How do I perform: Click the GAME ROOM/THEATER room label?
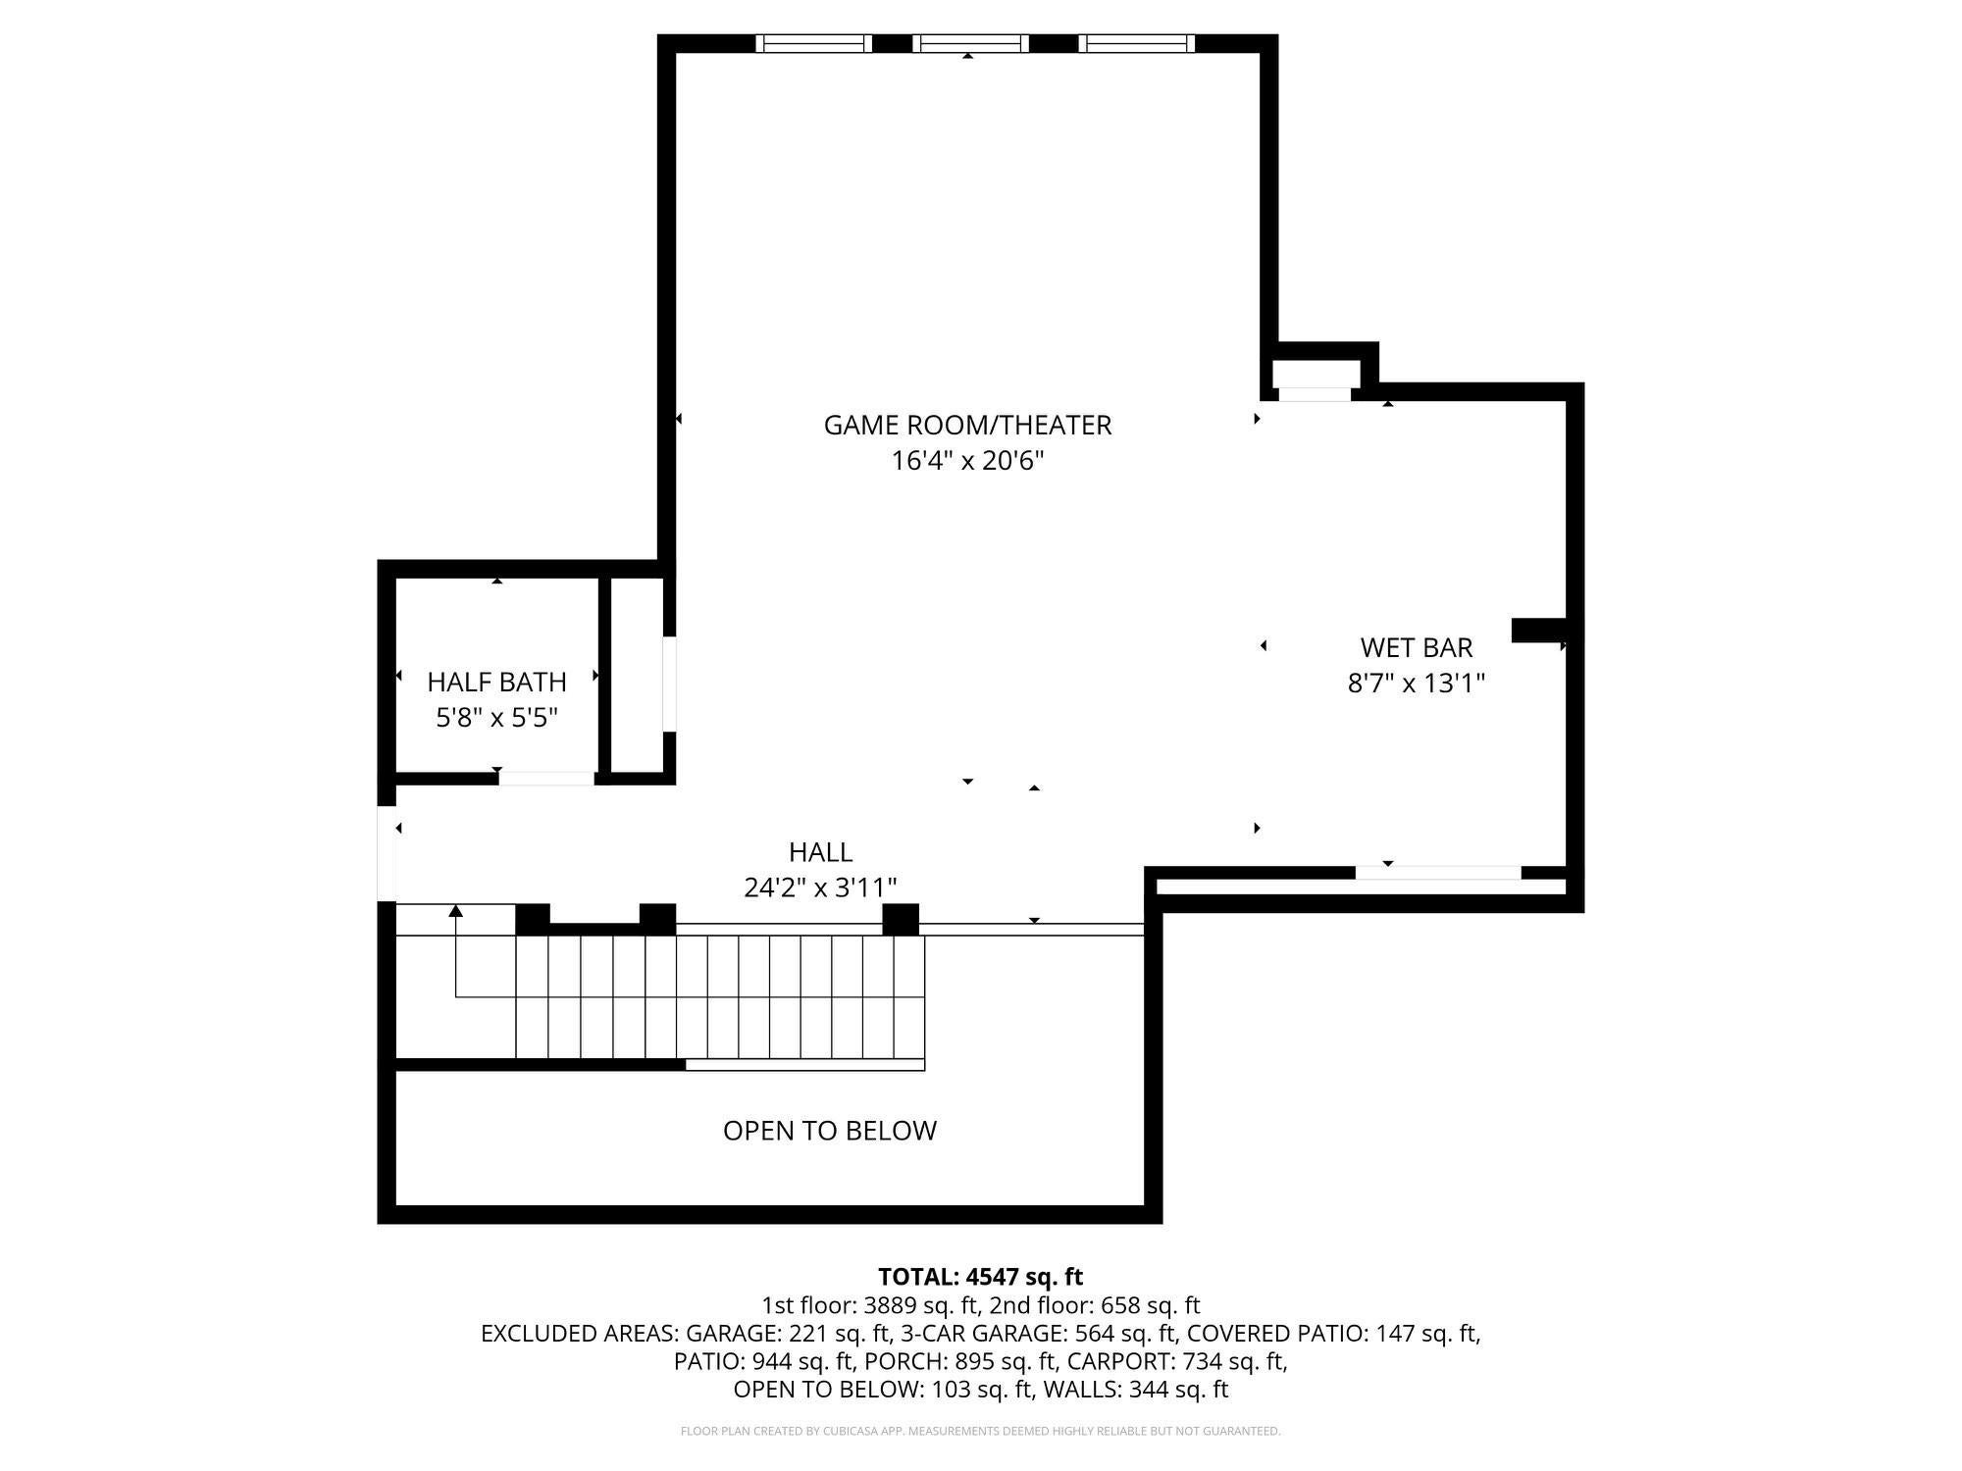tap(967, 425)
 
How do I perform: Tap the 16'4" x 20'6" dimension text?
tap(967, 460)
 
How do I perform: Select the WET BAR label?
tap(1417, 647)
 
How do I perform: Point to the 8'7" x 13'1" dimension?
tap(1417, 683)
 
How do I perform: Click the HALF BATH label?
tap(496, 682)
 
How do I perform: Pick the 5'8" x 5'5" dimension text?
tap(496, 718)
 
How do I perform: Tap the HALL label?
tap(820, 851)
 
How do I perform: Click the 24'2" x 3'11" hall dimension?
tap(820, 888)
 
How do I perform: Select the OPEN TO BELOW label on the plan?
tap(830, 1131)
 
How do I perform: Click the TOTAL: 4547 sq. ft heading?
tap(980, 1277)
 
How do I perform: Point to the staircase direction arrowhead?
tap(455, 911)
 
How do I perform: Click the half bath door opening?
tap(546, 779)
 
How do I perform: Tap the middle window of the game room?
tap(970, 43)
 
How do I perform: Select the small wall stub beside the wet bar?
tap(1539, 631)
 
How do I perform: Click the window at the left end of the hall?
tap(387, 853)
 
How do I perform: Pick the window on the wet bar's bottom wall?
tap(1438, 873)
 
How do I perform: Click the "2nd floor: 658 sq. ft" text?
tap(1095, 1305)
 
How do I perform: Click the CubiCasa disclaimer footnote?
tap(980, 1432)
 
